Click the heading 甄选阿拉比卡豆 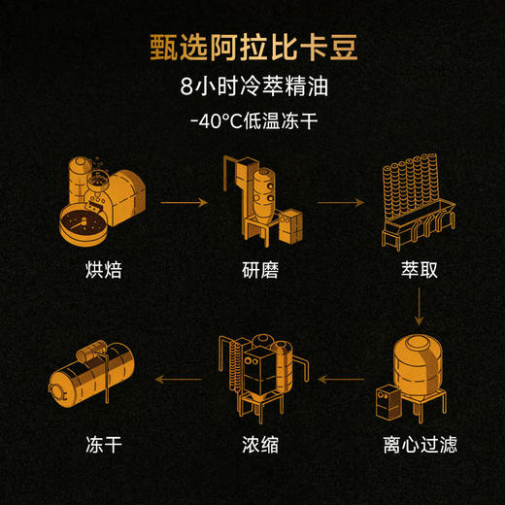(x=252, y=47)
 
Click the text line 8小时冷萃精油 (x=252, y=89)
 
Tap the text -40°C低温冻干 (x=252, y=123)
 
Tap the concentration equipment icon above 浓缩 (x=260, y=374)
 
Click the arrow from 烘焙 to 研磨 (x=185, y=203)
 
